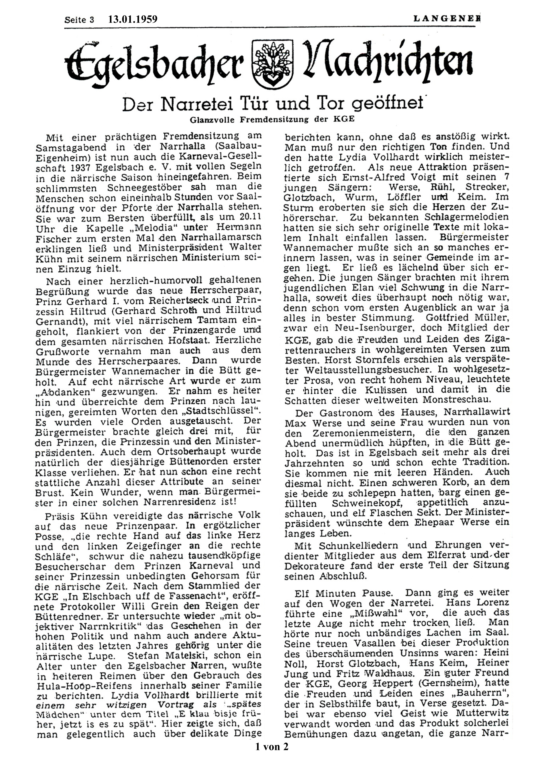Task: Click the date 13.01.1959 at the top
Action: pos(133,19)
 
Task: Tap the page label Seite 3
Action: pos(79,20)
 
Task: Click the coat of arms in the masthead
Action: pos(269,65)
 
